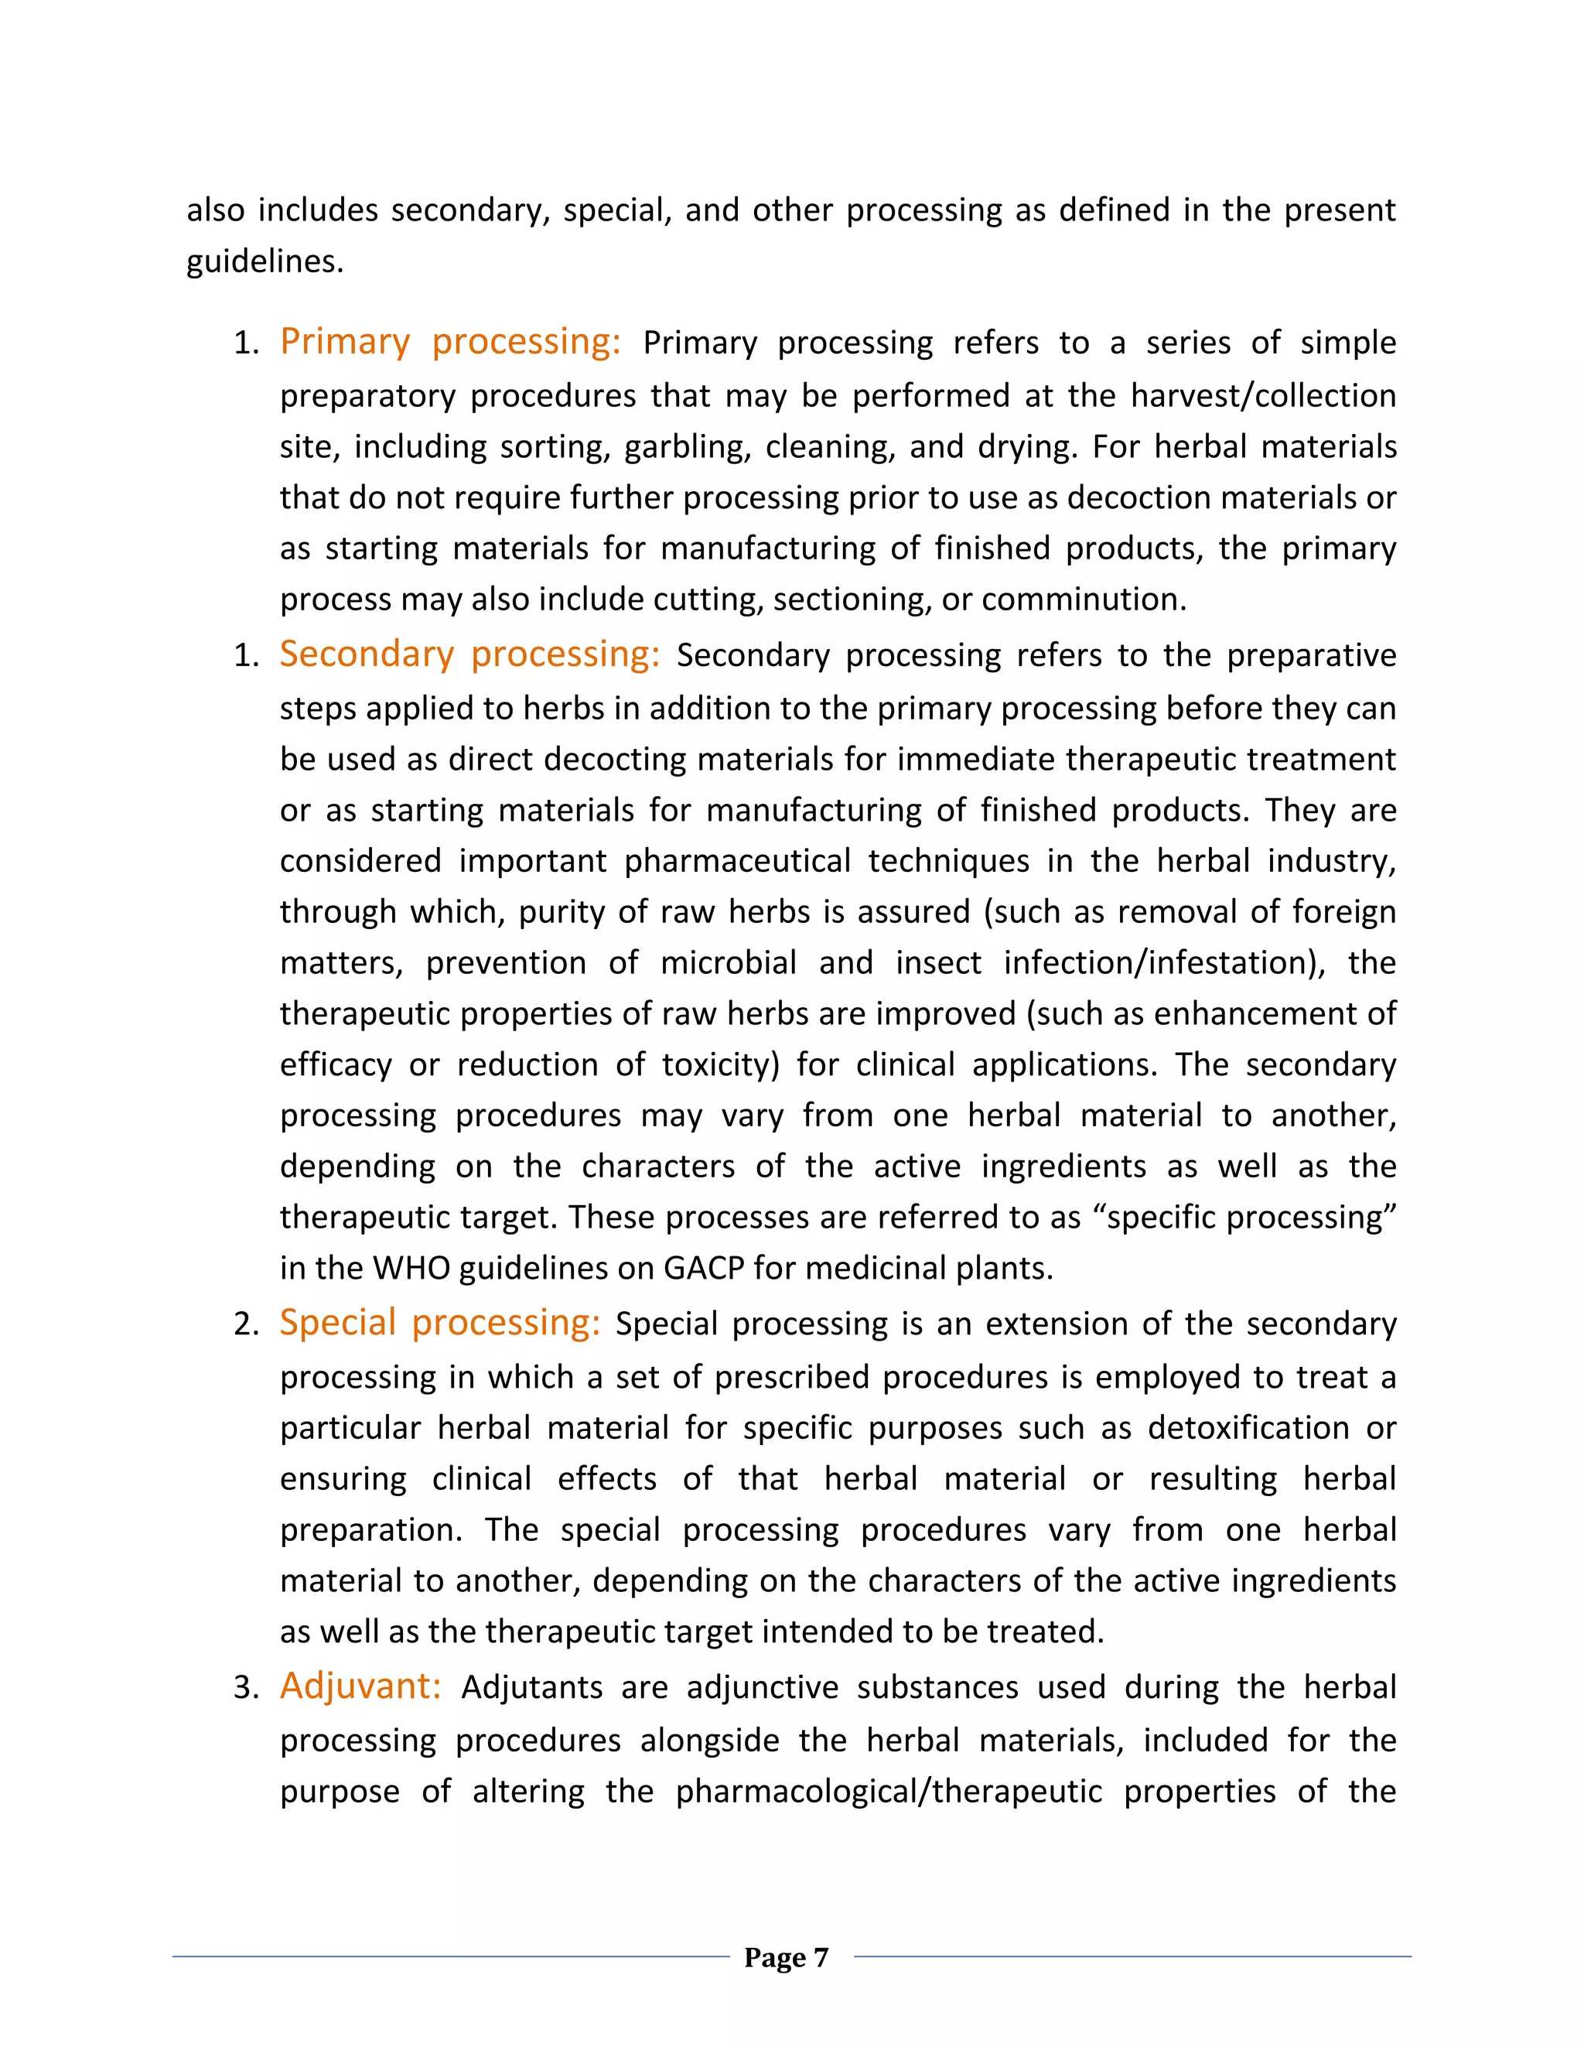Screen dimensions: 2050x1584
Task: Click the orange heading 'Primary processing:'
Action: tap(449, 342)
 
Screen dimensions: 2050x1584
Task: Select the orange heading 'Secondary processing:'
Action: tap(469, 654)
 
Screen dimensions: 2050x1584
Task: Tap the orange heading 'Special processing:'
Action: tap(439, 1323)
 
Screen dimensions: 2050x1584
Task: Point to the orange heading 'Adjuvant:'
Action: tap(360, 1686)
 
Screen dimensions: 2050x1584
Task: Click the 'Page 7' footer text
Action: tap(786, 1957)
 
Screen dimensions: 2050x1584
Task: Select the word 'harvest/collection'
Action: tap(1263, 395)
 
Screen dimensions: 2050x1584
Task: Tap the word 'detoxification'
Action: tap(1248, 1428)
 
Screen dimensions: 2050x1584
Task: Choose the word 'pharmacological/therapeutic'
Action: tap(889, 1792)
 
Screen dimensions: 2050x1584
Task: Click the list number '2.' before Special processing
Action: tap(246, 1324)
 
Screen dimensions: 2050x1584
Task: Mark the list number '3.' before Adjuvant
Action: tap(246, 1688)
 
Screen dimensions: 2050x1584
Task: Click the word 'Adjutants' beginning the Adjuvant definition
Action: tap(531, 1688)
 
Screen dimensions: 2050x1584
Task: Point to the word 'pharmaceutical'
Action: tap(738, 861)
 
